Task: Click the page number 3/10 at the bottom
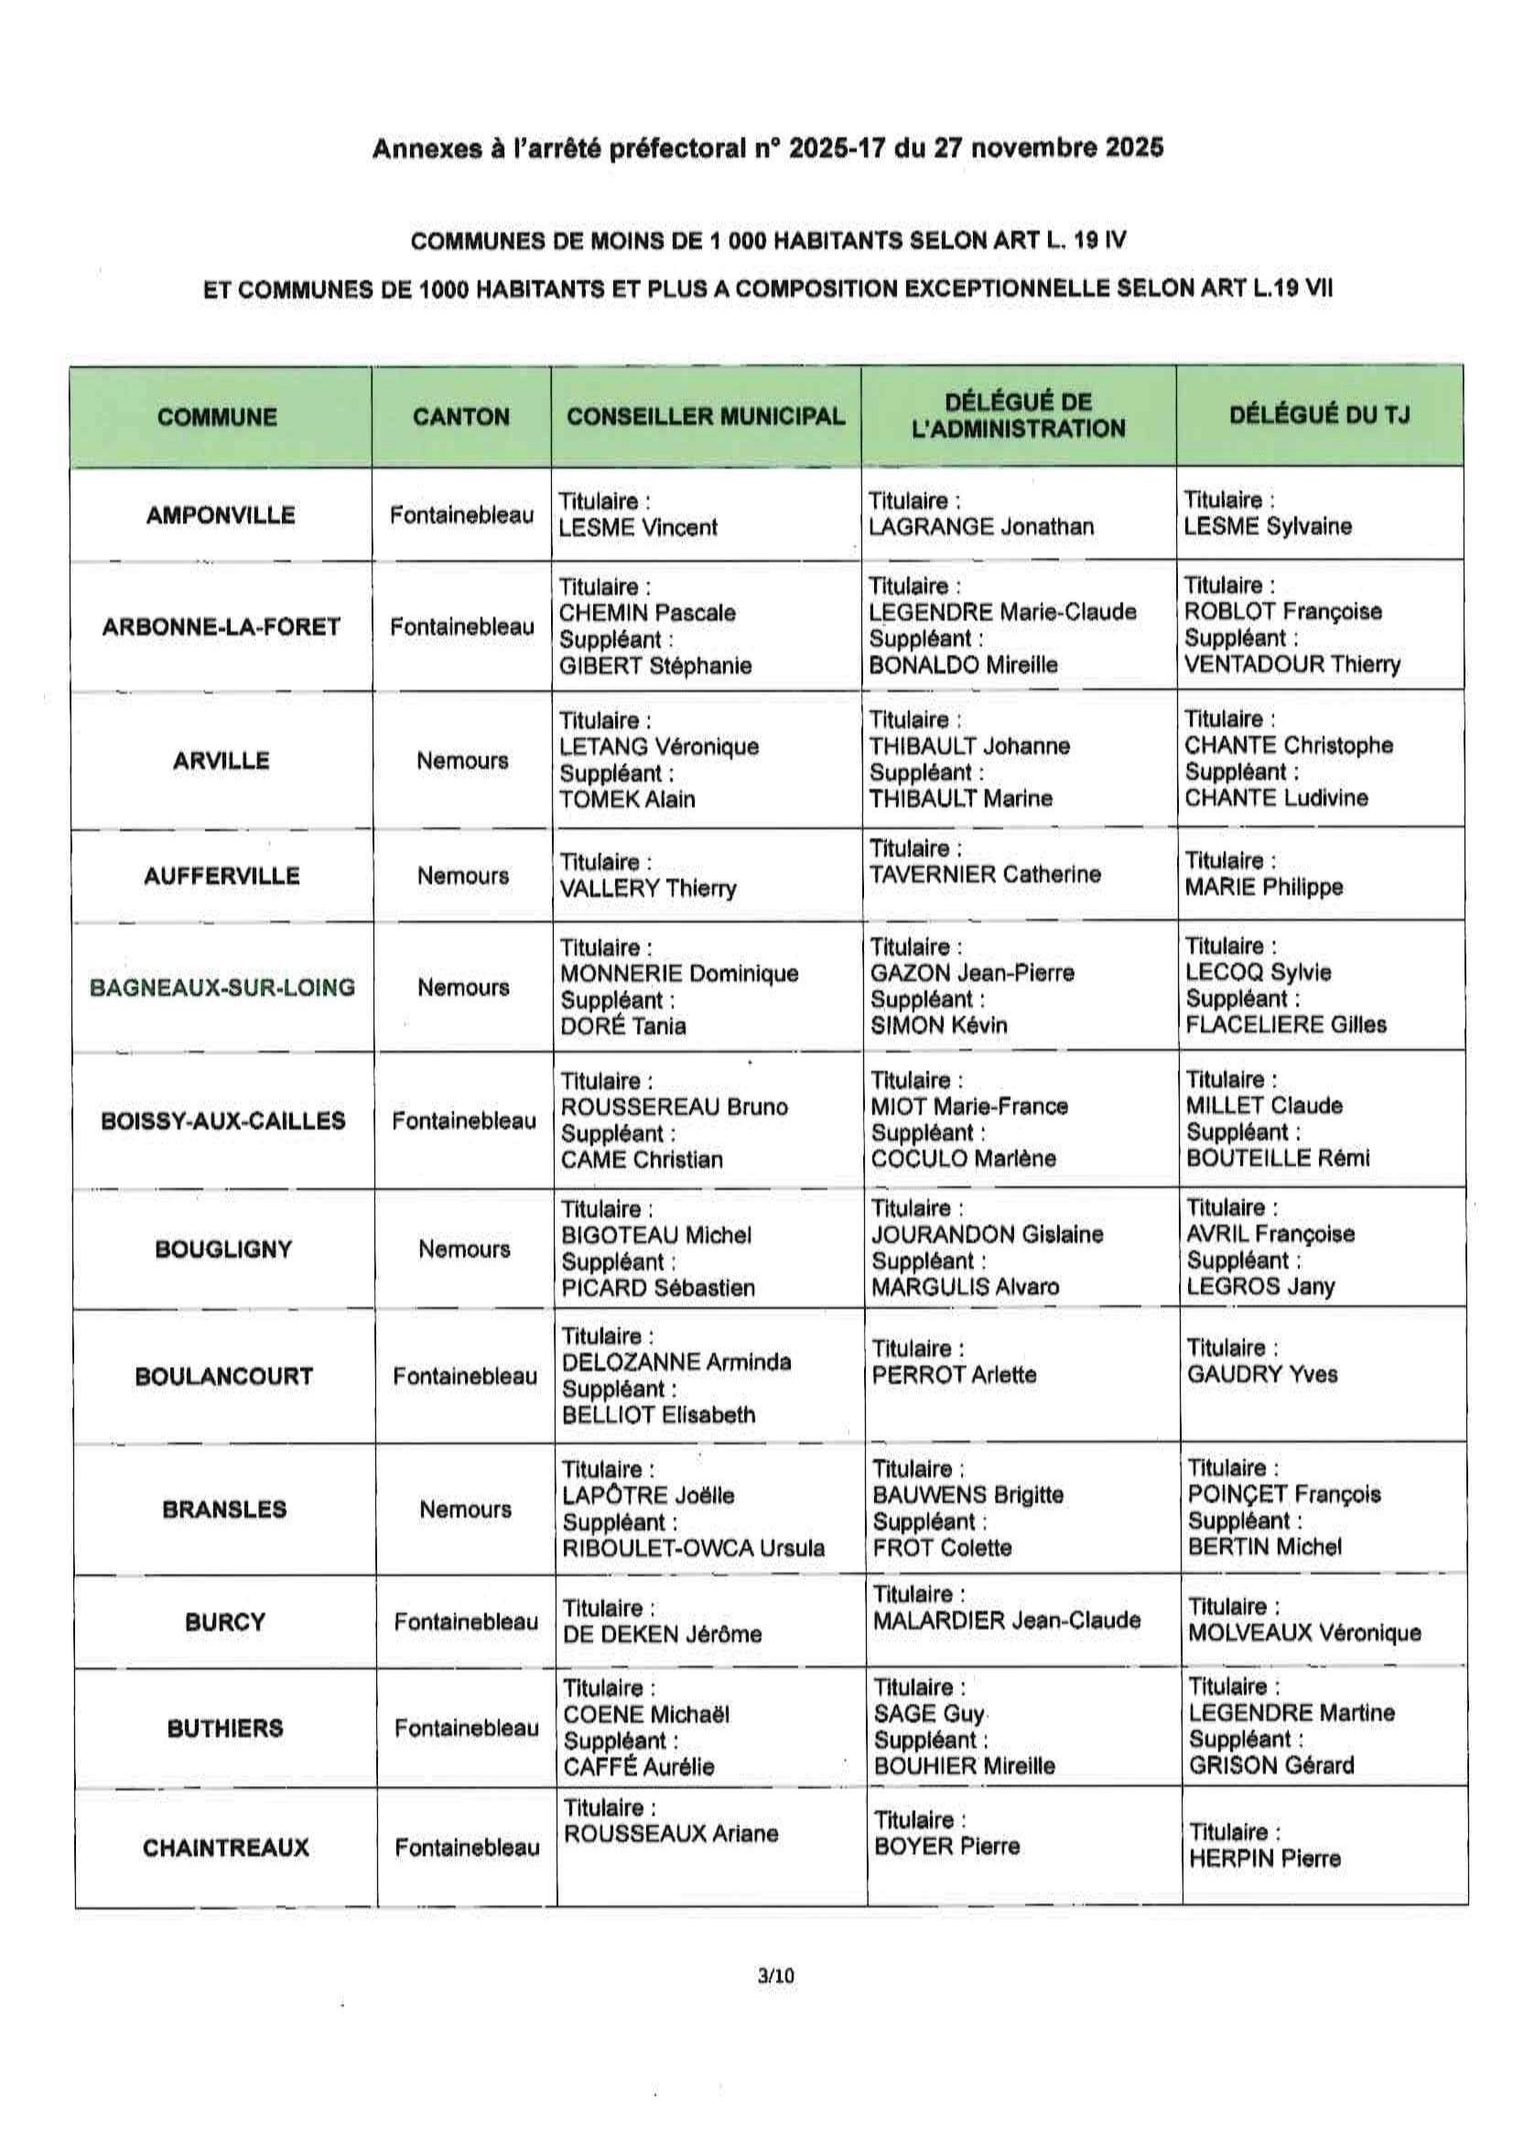coord(775,1974)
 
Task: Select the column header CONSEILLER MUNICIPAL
coord(706,416)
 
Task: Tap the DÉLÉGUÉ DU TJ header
coord(1319,415)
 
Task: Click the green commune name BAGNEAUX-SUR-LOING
coord(222,987)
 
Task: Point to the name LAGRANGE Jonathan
coord(980,526)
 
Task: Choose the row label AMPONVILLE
coord(221,514)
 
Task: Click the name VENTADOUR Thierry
coord(1292,665)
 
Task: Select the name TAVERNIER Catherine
coord(985,874)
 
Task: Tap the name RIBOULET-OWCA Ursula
coord(694,1548)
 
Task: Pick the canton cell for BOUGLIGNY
coord(464,1249)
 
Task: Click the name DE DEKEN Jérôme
coord(662,1634)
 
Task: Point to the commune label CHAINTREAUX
coord(225,1847)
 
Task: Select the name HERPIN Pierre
coord(1264,1858)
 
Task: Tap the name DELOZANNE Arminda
coord(675,1362)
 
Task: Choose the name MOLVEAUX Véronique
coord(1304,1633)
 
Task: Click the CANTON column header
coord(461,416)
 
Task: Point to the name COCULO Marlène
coord(963,1159)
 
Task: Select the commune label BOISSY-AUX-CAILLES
coord(222,1120)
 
